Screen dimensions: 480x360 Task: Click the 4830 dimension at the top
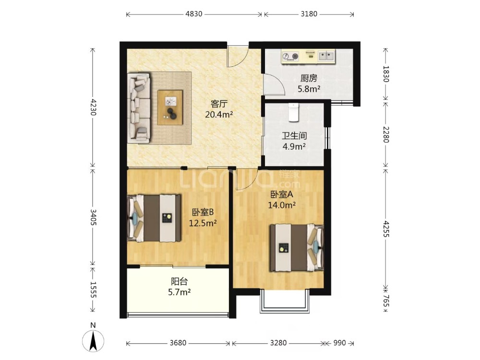click(194, 14)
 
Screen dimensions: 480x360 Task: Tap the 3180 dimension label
click(309, 14)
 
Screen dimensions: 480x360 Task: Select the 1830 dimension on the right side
click(386, 74)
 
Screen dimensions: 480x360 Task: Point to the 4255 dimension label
click(386, 229)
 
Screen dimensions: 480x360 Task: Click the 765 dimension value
click(386, 300)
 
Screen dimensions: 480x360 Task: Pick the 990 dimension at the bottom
click(339, 343)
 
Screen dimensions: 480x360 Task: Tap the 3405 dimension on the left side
click(93, 217)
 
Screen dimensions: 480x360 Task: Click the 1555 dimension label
click(93, 289)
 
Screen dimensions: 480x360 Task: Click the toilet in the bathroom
click(293, 112)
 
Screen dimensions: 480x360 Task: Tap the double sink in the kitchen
click(326, 56)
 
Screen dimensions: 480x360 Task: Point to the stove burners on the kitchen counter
click(290, 56)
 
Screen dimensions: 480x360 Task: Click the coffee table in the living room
click(170, 108)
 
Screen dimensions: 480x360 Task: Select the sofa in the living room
click(139, 108)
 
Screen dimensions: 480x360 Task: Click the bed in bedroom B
click(154, 218)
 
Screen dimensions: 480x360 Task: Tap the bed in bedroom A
click(297, 248)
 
